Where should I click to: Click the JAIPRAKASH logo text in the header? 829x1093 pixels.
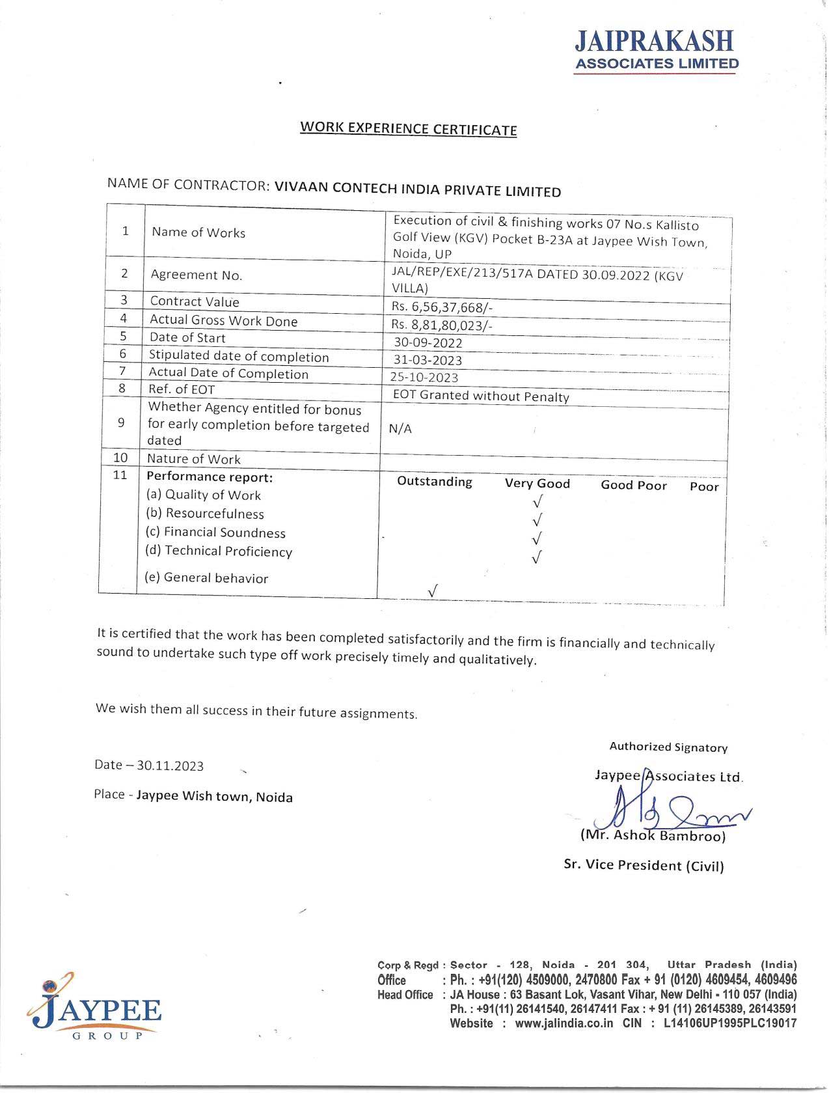[654, 42]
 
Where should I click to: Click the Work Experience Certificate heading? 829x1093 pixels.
[408, 128]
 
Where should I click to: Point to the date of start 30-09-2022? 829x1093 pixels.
[428, 342]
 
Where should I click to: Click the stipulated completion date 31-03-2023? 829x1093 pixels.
[428, 360]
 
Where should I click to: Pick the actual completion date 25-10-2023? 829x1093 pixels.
[426, 377]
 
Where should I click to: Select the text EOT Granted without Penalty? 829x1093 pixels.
[481, 396]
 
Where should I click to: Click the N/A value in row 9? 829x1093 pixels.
[400, 428]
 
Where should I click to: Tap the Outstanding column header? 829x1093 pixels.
[435, 482]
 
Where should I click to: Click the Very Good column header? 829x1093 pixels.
[537, 483]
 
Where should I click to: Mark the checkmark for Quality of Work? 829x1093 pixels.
[537, 502]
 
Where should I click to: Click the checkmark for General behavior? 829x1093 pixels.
[433, 590]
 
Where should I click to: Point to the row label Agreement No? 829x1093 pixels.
[196, 275]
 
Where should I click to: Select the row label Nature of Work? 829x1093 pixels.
[193, 459]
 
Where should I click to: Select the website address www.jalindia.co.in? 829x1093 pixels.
[564, 1023]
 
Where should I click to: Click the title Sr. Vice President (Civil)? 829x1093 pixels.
[644, 865]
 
